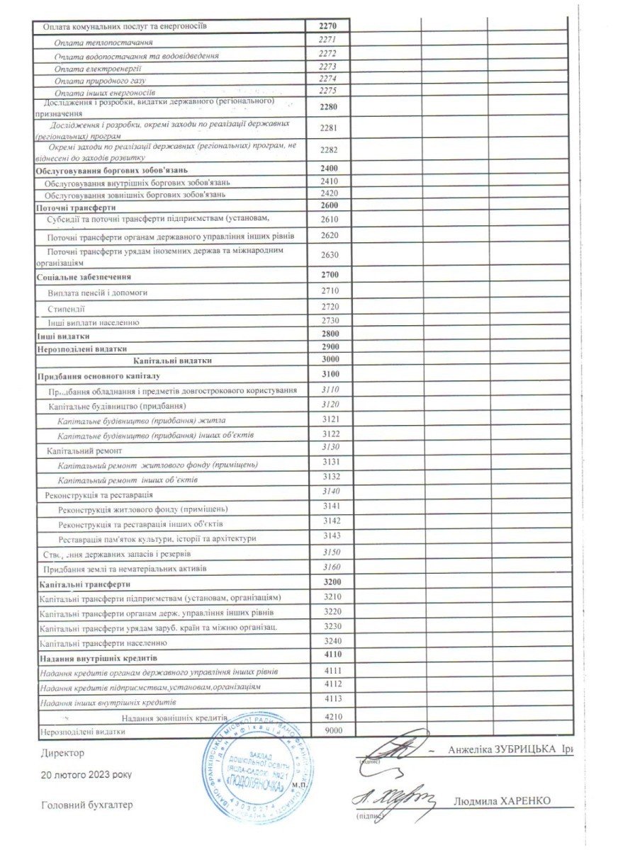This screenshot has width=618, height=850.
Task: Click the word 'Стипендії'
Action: coord(67,309)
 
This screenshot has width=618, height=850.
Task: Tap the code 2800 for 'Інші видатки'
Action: coord(330,334)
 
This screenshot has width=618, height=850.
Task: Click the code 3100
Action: coord(330,373)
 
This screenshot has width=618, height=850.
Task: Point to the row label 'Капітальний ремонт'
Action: coord(84,450)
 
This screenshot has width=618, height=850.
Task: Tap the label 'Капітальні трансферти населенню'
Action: coord(103,643)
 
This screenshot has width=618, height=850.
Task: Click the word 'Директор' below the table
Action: coord(63,753)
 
